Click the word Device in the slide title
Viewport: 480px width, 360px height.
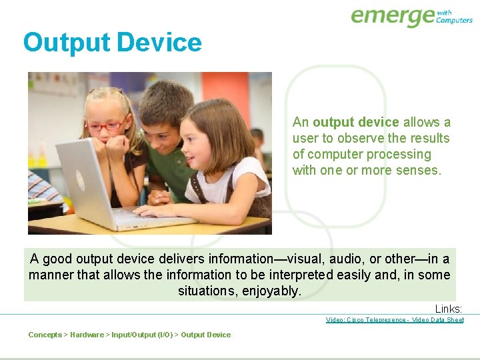[x=159, y=43]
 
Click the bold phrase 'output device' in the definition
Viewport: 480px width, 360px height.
[x=355, y=122]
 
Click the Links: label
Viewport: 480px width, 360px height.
[x=449, y=309]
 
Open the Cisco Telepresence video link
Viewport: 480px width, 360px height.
[x=395, y=320]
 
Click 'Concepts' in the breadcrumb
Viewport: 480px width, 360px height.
[x=45, y=335]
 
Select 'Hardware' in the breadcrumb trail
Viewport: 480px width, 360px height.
[x=87, y=335]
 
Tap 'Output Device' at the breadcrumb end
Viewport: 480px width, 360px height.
[x=206, y=335]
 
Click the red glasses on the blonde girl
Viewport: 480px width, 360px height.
[x=105, y=125]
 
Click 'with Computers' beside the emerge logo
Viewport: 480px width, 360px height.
[x=454, y=16]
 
